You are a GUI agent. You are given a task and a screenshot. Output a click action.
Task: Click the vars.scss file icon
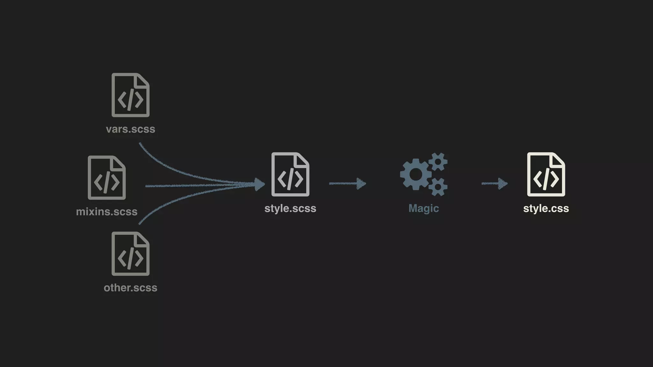[x=130, y=95]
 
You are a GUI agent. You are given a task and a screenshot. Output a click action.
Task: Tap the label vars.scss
[x=130, y=129]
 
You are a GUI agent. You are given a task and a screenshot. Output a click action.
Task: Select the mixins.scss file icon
[x=107, y=177]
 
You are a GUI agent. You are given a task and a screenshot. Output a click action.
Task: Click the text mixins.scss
[x=107, y=212]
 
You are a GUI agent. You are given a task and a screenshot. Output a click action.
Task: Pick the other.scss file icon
[x=130, y=254]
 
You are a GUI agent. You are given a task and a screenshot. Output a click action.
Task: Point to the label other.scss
[x=130, y=288]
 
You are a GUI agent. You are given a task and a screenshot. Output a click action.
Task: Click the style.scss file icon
[x=290, y=174]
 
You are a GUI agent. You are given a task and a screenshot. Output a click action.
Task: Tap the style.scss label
[x=290, y=208]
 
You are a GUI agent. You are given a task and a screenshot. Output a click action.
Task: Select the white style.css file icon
[x=546, y=174]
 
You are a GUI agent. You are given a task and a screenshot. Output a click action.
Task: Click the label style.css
[x=546, y=208]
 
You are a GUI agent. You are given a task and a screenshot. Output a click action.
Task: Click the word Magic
[x=424, y=208]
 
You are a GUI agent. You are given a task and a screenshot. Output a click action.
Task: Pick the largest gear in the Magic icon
[x=416, y=174]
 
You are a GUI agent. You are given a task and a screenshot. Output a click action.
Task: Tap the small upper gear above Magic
[x=438, y=162]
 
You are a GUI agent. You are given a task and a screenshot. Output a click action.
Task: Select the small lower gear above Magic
[x=438, y=187]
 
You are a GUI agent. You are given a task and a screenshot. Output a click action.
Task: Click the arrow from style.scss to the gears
[x=348, y=183]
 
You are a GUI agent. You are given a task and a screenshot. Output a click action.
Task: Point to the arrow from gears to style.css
[x=495, y=183]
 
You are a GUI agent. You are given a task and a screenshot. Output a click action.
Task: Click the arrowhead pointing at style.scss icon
[x=260, y=184]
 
